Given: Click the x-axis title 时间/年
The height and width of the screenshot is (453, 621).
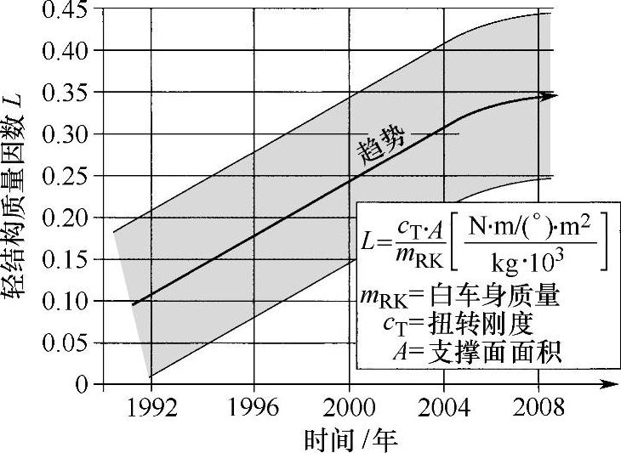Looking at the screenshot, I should (x=350, y=439).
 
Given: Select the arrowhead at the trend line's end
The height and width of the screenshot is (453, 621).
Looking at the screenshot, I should (x=551, y=95).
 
